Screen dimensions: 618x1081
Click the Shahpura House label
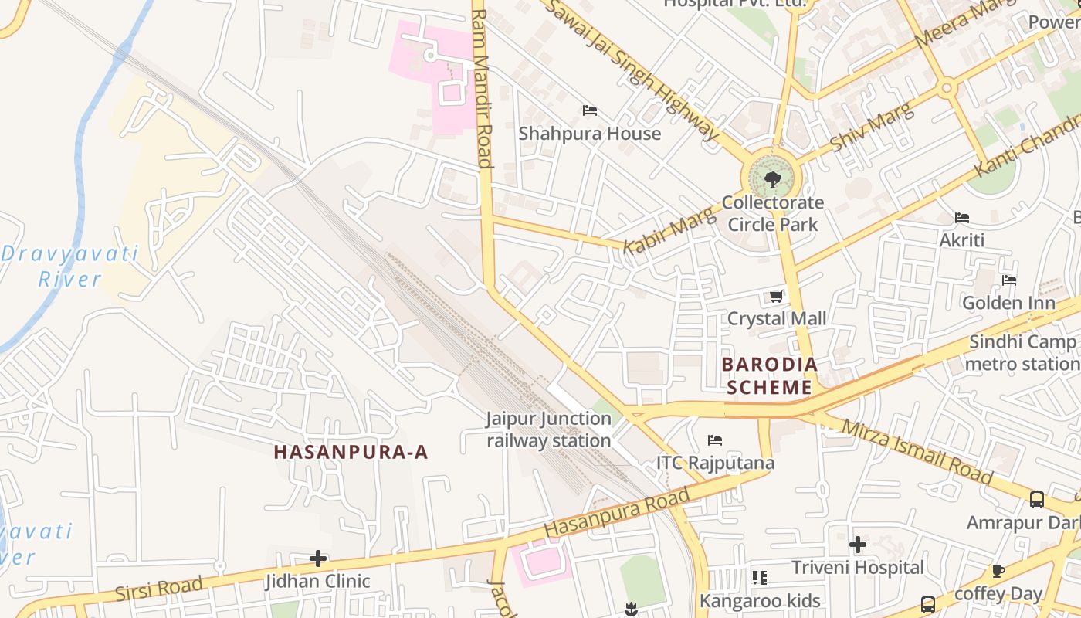point(589,134)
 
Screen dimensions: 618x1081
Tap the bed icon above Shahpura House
point(590,110)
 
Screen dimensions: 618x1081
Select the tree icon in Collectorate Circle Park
point(771,181)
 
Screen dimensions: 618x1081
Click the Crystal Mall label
point(777,318)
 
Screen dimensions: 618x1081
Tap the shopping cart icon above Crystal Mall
point(777,296)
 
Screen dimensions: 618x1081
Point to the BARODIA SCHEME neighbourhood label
point(768,375)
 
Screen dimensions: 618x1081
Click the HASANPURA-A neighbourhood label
point(351,453)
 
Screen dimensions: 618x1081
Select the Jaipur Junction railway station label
point(548,430)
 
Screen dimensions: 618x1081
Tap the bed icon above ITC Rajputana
point(715,440)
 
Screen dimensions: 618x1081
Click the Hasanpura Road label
point(616,513)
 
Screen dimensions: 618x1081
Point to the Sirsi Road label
point(158,589)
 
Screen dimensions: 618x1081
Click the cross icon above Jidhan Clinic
point(317,559)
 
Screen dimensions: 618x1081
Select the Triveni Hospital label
point(857,568)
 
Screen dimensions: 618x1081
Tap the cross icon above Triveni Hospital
point(857,545)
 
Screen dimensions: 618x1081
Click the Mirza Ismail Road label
point(916,452)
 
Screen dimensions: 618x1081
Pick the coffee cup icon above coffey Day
point(998,572)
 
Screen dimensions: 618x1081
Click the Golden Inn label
point(1008,303)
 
